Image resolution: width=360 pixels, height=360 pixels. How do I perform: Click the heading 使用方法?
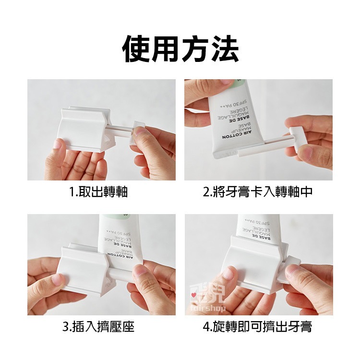[180, 49]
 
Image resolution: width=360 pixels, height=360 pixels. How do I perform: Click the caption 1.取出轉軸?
[98, 192]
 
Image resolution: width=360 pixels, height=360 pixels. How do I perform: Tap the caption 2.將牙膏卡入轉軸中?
[258, 192]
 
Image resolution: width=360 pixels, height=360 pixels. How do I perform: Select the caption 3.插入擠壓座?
[98, 327]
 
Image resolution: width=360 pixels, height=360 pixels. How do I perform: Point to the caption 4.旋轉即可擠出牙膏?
[258, 327]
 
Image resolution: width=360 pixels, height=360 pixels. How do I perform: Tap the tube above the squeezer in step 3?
[120, 235]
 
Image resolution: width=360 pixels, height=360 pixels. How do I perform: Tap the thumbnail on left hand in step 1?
[58, 144]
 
